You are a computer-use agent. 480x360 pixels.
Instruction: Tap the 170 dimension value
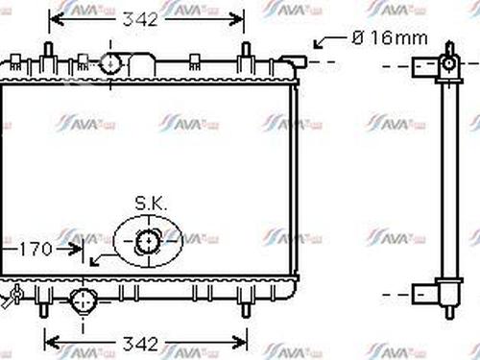36,250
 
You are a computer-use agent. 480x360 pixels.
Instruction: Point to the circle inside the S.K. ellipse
147,242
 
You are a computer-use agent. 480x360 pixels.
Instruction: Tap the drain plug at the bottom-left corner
12,297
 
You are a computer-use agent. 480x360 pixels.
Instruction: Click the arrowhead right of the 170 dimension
79,250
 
